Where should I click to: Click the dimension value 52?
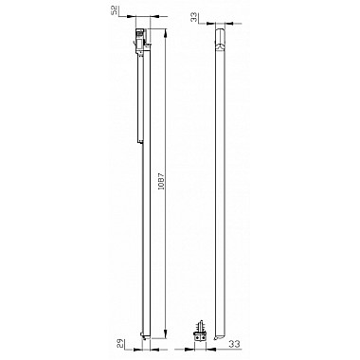[116, 9]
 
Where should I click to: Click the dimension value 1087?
[161, 181]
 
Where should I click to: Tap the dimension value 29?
[120, 343]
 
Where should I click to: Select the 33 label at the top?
[196, 17]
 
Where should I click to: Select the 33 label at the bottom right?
[234, 344]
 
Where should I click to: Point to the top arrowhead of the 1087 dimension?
[165, 32]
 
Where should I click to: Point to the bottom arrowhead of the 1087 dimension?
[165, 334]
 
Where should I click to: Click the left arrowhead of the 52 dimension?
[131, 17]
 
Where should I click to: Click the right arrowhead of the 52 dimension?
[155, 17]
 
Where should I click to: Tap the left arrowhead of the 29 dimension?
[138, 350]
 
